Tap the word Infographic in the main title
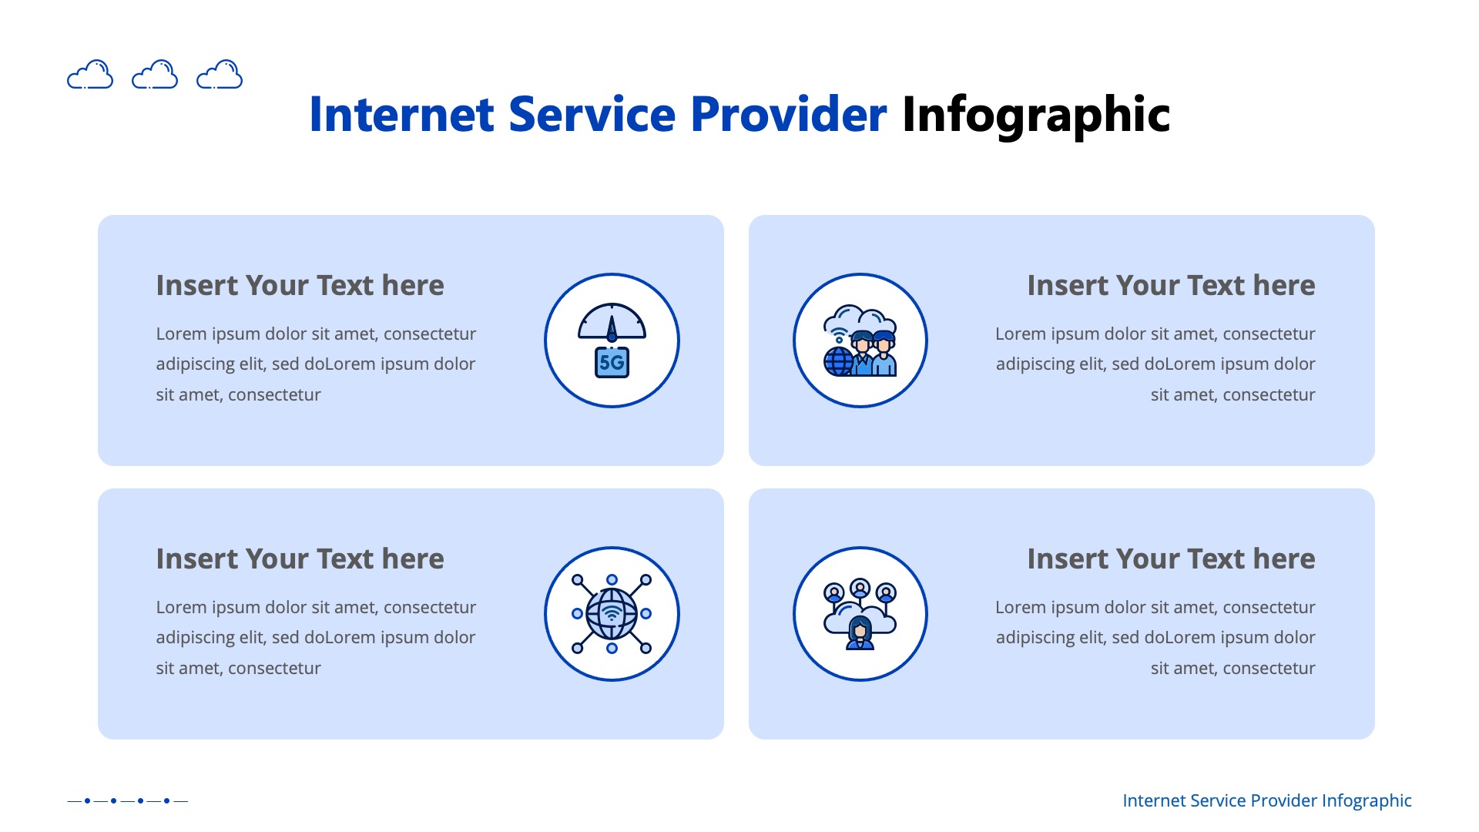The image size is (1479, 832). pos(1035,115)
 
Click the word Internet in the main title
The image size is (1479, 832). pos(401,115)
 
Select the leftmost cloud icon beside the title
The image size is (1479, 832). pos(90,75)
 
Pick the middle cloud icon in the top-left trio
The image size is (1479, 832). pos(155,75)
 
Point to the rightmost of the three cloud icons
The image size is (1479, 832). pos(220,75)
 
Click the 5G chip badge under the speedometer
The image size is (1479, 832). pos(612,362)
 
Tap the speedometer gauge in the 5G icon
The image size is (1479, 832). pos(612,323)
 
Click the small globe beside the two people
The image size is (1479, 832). pos(839,361)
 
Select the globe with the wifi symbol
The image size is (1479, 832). pos(612,613)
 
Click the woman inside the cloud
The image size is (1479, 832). pos(860,633)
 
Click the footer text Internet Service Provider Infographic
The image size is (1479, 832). pos(1266,800)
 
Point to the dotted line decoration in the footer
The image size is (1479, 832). pos(127,800)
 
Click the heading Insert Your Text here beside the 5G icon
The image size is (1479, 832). pos(300,285)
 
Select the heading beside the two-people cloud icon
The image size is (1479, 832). pos(1171,285)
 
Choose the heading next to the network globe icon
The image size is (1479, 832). pos(300,559)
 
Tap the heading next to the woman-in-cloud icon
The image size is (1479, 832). pos(1171,559)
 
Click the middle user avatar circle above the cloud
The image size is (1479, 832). pos(860,589)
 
